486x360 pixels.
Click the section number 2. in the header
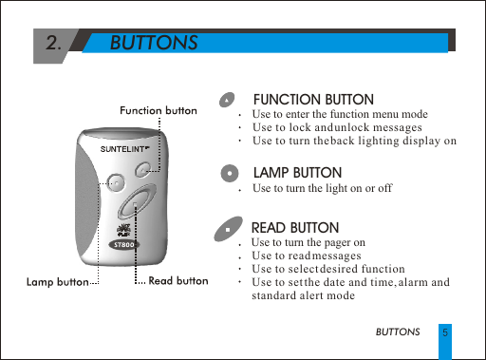(x=55, y=43)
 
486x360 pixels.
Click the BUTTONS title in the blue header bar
(x=154, y=44)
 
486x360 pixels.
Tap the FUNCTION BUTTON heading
(x=312, y=100)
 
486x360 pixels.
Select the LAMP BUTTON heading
(x=297, y=173)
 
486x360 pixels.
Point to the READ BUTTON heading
(x=294, y=228)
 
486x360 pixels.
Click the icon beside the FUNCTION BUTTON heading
(x=227, y=101)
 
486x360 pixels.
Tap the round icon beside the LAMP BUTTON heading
(x=229, y=174)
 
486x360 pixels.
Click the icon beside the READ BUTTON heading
(x=227, y=230)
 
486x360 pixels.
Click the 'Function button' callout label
(x=158, y=111)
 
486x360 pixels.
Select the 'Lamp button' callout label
(x=57, y=282)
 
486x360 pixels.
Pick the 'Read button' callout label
(x=178, y=281)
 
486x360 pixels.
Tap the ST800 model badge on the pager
(x=122, y=243)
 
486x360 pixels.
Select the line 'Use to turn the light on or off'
(x=322, y=189)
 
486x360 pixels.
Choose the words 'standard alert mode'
(x=303, y=295)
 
